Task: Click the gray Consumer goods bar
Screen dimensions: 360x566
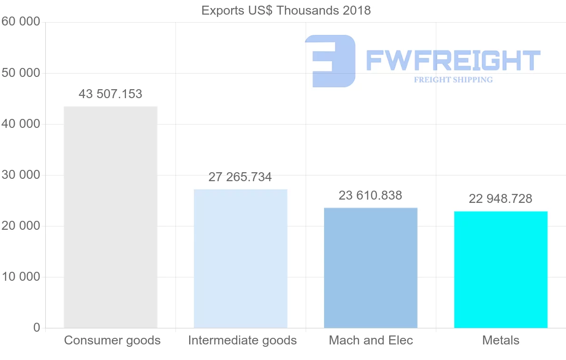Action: (110, 217)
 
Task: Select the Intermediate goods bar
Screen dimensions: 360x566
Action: (241, 259)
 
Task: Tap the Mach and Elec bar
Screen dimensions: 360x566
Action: (371, 268)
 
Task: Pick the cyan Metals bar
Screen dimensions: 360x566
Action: (500, 269)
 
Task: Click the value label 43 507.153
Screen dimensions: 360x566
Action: (110, 94)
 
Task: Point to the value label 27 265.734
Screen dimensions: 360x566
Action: (240, 177)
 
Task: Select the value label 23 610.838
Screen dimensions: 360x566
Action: (370, 195)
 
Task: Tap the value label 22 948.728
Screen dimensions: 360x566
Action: (500, 199)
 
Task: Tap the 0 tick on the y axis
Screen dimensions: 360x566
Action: (37, 328)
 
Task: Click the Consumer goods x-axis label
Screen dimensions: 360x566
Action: (112, 340)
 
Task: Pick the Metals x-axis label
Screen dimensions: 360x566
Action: (500, 340)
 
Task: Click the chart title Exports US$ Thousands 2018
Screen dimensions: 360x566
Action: (286, 10)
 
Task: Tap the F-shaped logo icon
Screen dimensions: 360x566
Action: (331, 61)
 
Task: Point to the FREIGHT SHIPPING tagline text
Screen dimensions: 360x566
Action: (453, 80)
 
